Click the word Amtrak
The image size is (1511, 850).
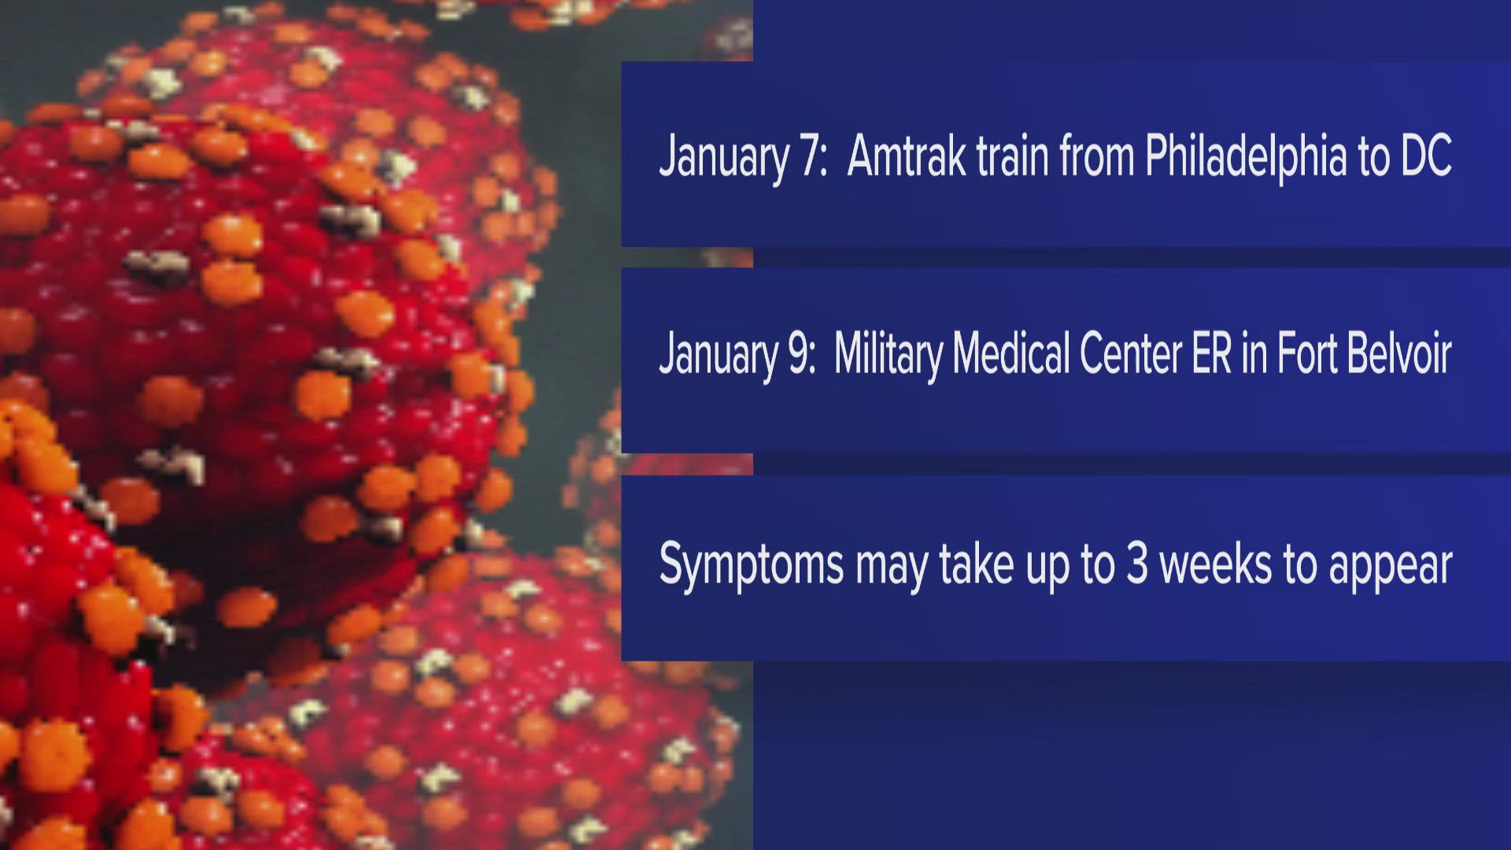pyautogui.click(x=907, y=157)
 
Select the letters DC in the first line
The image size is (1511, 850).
pyautogui.click(x=1426, y=157)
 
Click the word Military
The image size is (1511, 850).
pyautogui.click(x=888, y=355)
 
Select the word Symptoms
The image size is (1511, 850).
pyautogui.click(x=751, y=565)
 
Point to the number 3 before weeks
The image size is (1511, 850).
pyautogui.click(x=1136, y=564)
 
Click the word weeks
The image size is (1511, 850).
pyautogui.click(x=1216, y=564)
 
